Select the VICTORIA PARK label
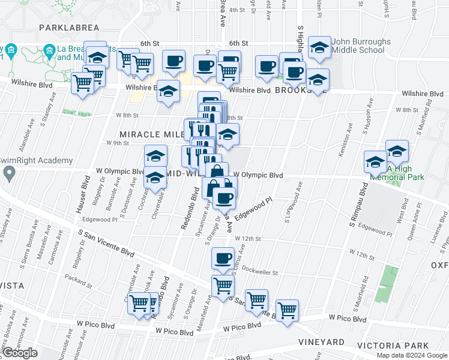tap(391, 345)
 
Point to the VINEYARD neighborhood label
tap(321, 342)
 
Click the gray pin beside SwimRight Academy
tap(8, 174)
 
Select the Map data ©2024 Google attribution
tap(411, 355)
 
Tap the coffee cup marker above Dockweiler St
tap(222, 259)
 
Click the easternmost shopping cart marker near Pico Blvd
tap(287, 310)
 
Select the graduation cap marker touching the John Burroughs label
tap(319, 49)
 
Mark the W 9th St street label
tap(118, 143)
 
